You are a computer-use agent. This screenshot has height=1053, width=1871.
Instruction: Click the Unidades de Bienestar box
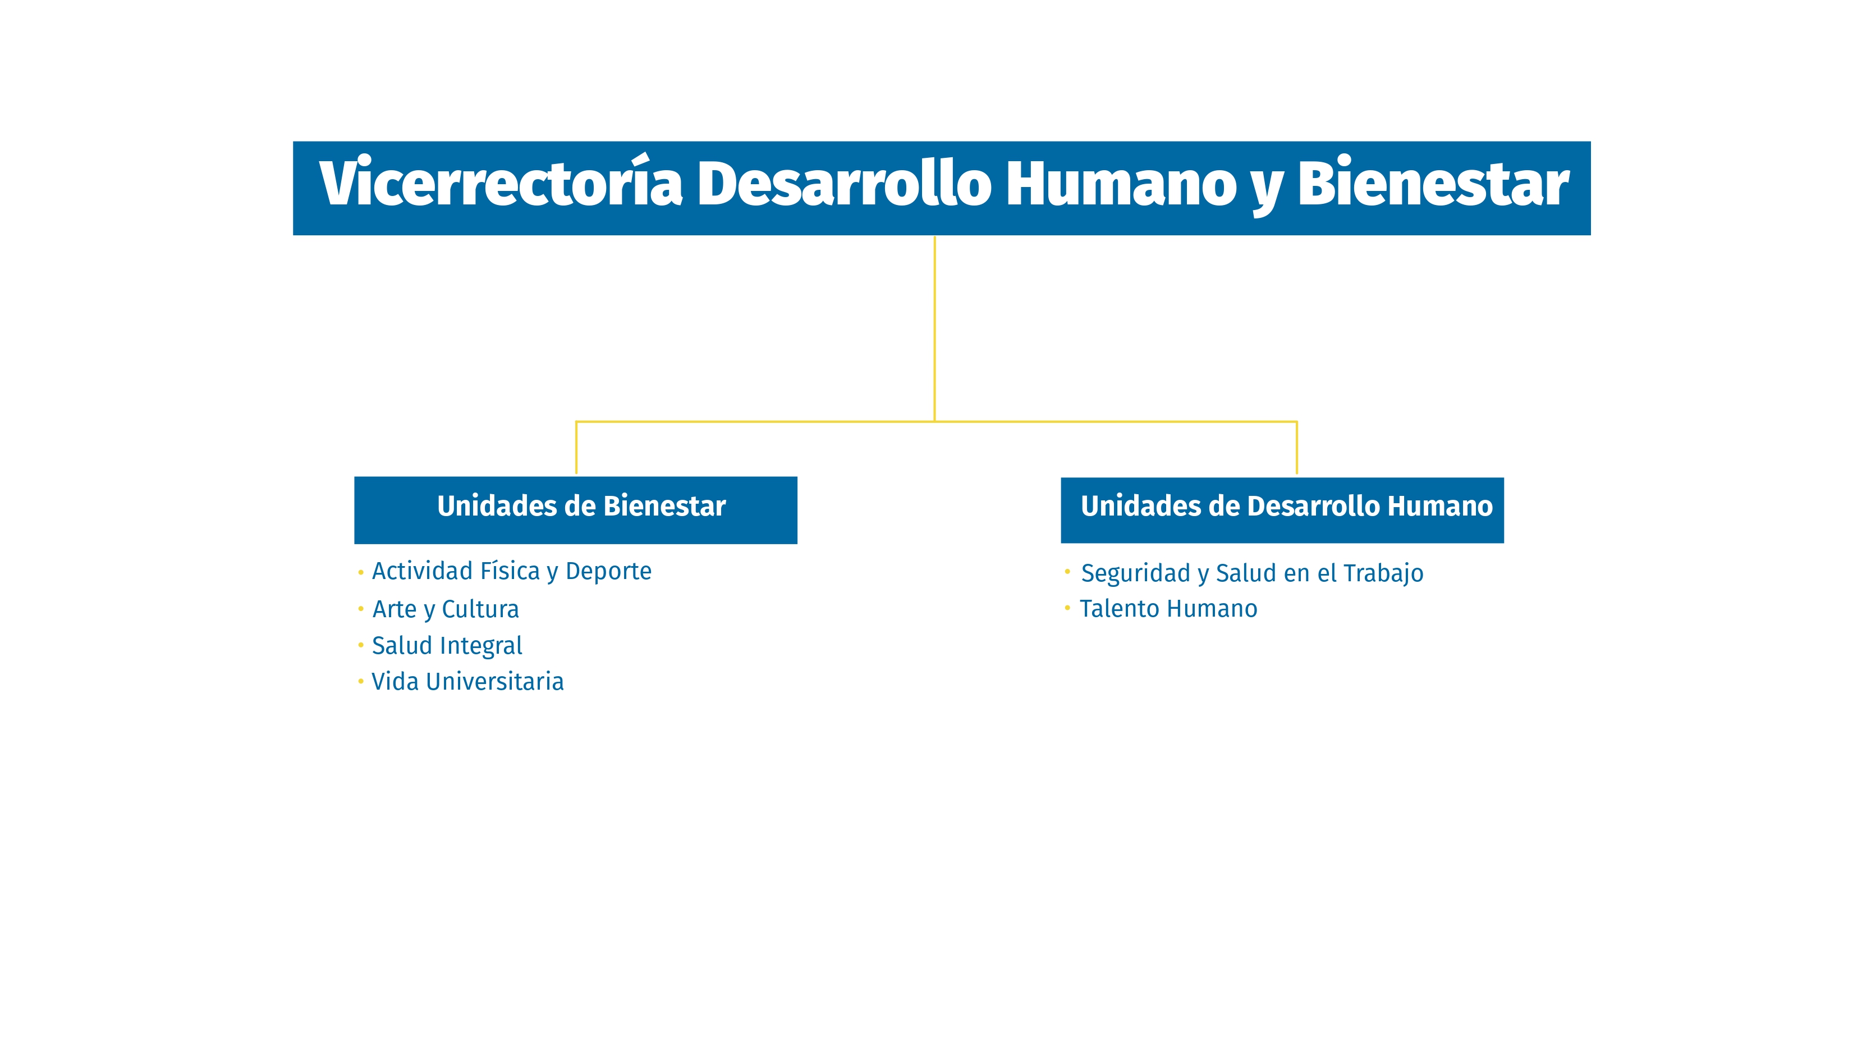tap(575, 509)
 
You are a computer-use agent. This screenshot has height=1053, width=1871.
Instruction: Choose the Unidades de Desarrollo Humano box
tap(1282, 509)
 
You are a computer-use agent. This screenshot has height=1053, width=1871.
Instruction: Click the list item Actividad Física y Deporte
tap(511, 571)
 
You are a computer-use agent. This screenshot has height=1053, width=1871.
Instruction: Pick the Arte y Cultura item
tap(445, 609)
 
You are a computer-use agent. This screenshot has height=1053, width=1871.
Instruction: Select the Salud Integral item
tap(447, 645)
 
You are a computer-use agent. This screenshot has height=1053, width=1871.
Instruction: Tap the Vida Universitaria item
tap(467, 682)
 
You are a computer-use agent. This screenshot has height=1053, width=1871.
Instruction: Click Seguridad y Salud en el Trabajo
tap(1251, 573)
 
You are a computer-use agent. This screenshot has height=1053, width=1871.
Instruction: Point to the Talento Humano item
tap(1168, 609)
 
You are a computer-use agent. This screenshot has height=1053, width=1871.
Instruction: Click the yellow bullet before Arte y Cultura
tap(360, 608)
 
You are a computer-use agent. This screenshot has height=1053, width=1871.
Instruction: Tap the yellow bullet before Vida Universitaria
tap(360, 681)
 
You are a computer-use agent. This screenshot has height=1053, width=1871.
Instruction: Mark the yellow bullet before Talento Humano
tap(1067, 608)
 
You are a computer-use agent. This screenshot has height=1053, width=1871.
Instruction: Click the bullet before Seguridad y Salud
tap(1067, 572)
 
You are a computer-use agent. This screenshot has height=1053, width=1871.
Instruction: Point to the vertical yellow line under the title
tap(934, 327)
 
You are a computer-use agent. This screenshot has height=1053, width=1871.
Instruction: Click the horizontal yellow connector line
tap(755, 422)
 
